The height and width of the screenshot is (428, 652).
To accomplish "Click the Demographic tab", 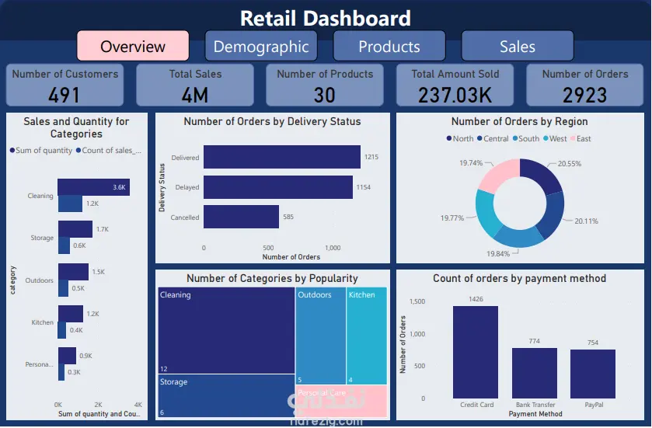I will coord(261,46).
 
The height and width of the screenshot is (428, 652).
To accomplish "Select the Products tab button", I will coord(389,46).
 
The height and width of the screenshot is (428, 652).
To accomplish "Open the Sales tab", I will coord(518,46).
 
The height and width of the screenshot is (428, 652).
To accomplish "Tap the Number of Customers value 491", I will coord(65,95).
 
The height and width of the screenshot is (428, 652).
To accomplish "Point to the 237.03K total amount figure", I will coord(455,95).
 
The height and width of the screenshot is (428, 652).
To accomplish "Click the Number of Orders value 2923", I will coord(585,95).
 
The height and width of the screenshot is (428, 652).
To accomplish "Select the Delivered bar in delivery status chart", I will coord(282,158).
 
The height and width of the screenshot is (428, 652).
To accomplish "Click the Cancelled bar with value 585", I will coord(241,217).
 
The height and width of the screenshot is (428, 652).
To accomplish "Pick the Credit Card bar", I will coord(476,351).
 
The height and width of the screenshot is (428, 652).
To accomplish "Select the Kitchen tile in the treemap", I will coord(365,334).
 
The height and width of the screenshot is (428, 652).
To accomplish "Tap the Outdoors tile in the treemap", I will coord(320,334).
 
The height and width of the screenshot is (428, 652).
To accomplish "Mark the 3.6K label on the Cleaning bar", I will coord(119,187).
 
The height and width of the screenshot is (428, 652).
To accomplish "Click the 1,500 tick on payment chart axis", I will coord(417,301).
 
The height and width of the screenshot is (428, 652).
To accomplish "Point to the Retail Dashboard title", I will coord(325,18).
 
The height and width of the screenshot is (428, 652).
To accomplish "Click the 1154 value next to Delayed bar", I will coord(363,187).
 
